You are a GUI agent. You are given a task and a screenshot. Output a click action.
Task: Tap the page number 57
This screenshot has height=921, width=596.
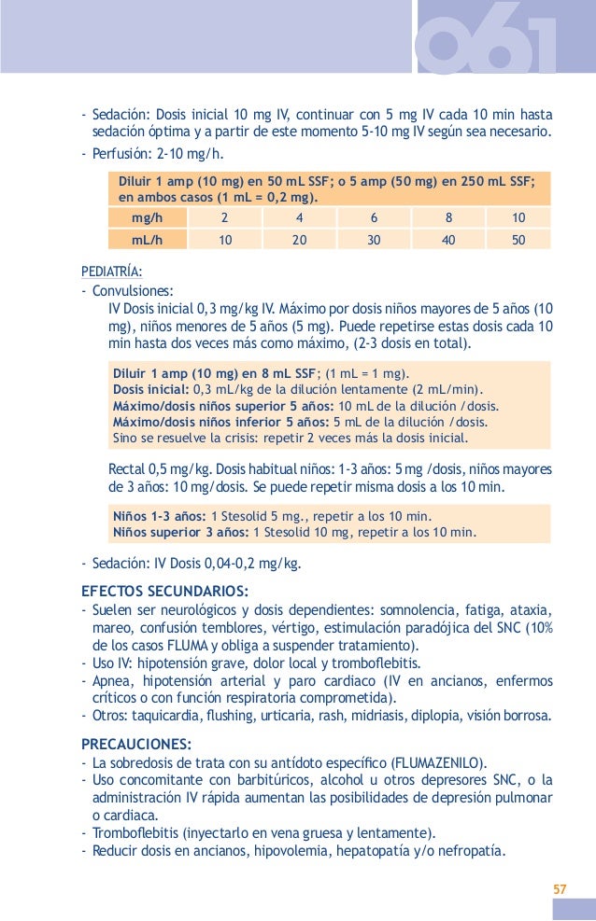(559, 887)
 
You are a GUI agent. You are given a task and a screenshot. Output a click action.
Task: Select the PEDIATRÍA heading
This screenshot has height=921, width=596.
(112, 272)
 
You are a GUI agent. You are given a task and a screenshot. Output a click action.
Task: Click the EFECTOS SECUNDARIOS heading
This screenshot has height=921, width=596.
(164, 590)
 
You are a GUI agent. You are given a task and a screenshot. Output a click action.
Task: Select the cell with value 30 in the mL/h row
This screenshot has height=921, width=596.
(374, 240)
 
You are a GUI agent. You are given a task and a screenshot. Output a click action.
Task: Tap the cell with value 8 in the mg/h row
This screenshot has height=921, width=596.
(448, 217)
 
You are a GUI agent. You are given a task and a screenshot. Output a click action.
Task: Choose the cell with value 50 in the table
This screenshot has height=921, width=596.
(519, 240)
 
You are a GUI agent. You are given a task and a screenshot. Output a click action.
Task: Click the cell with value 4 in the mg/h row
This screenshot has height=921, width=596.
(299, 217)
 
